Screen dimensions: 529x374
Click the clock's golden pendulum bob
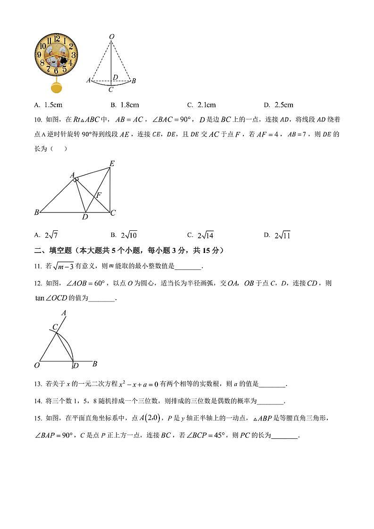(56, 88)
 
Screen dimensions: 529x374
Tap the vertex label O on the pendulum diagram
(111, 36)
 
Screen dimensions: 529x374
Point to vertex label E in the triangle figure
(112, 164)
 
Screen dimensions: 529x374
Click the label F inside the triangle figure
(99, 194)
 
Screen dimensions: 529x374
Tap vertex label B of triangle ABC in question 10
(36, 213)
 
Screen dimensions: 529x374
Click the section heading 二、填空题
(53, 251)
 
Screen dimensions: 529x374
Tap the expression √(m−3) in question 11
(63, 267)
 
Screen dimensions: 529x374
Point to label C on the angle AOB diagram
(55, 327)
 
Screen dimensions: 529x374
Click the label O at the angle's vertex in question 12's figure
(37, 365)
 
